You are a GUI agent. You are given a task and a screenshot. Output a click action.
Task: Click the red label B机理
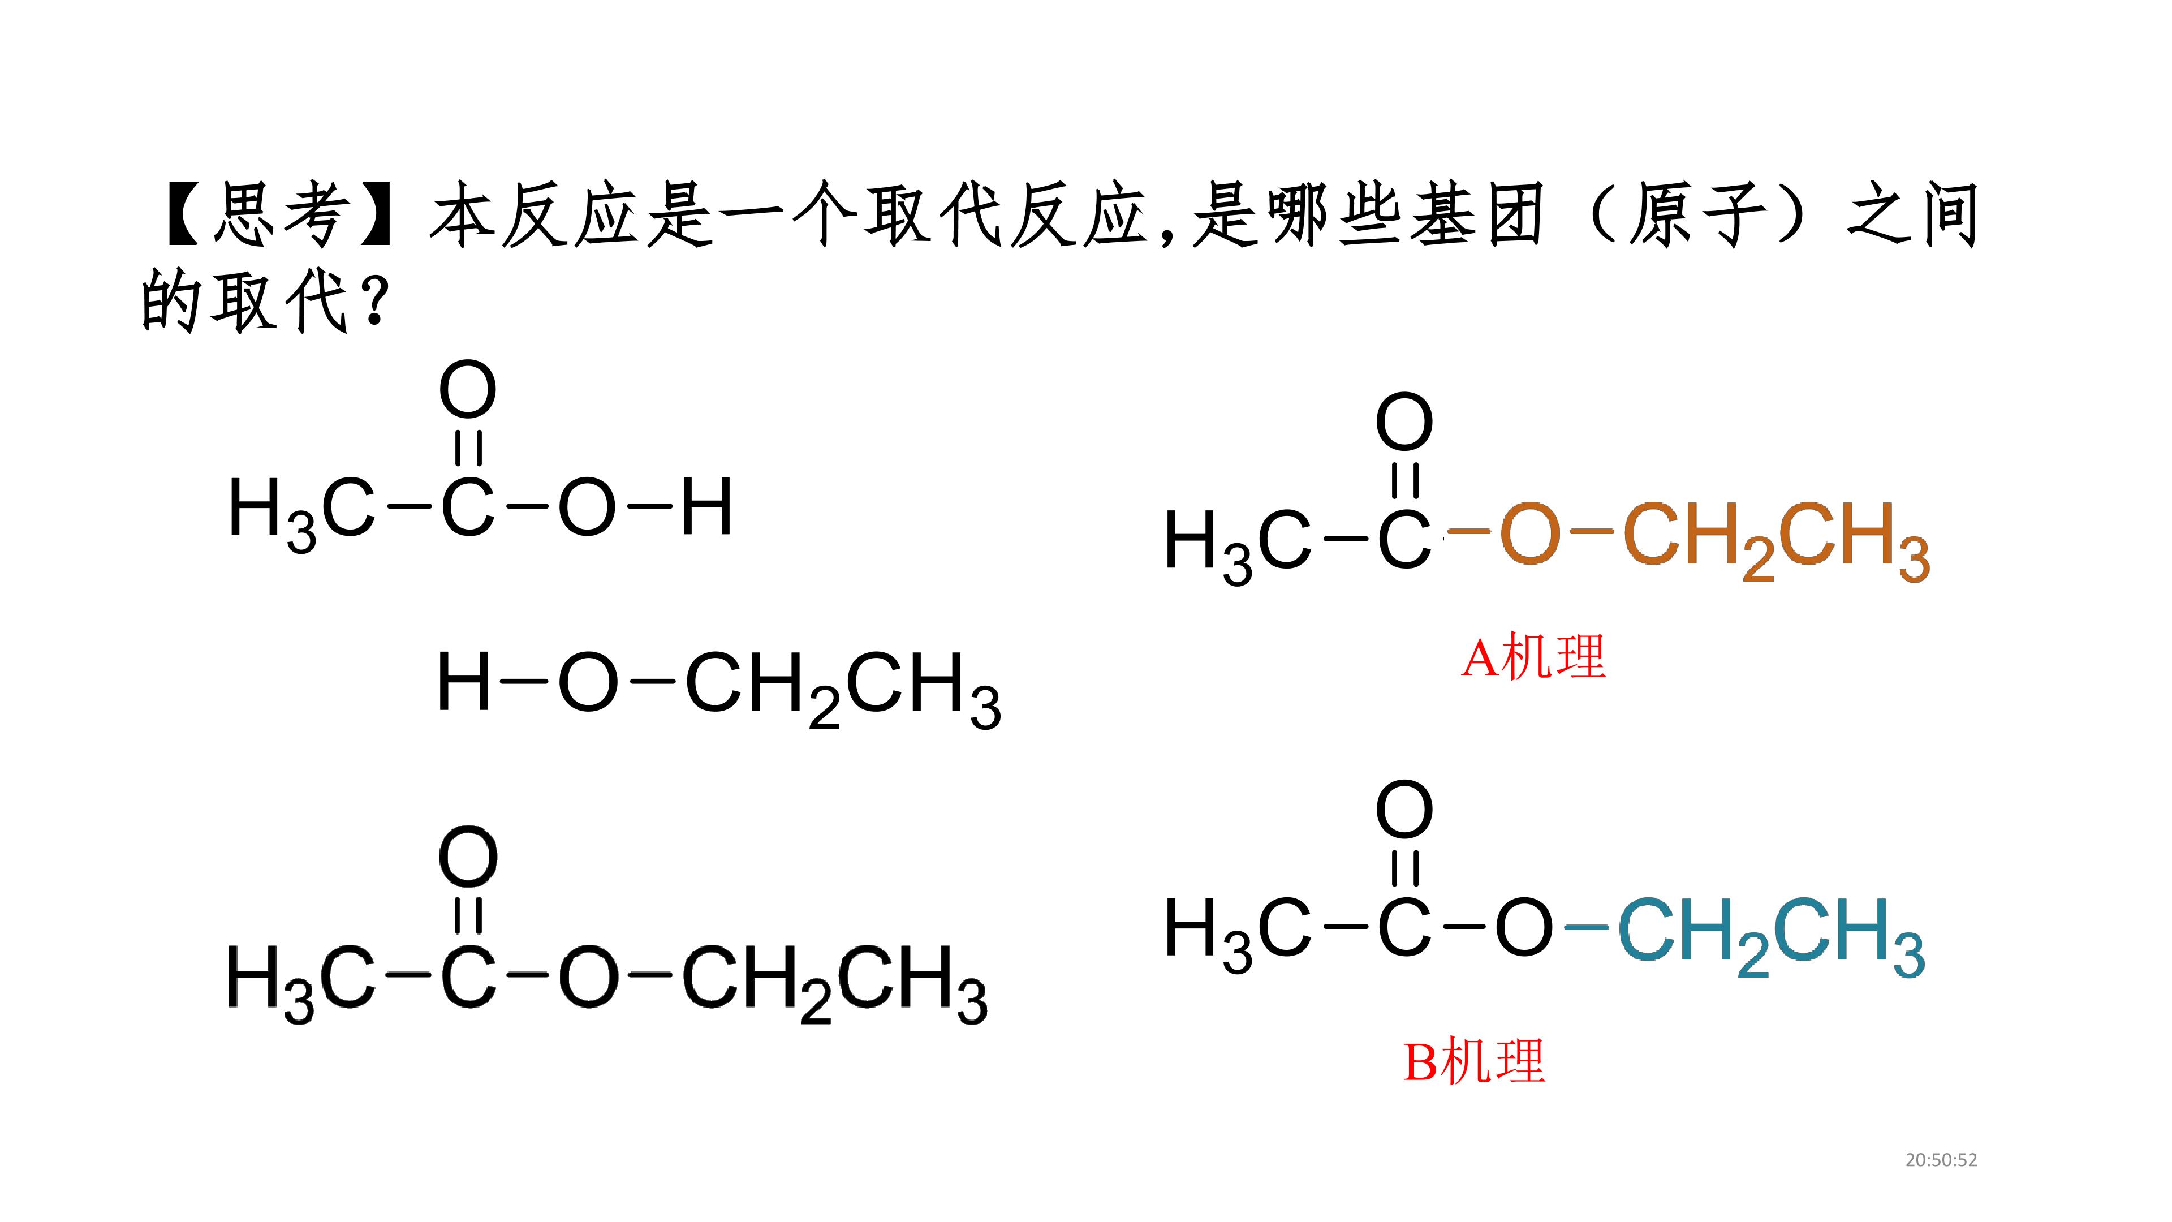click(1474, 1060)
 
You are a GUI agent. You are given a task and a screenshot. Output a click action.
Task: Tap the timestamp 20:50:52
click(1941, 1160)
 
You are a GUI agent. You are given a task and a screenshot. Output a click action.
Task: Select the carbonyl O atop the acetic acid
click(468, 390)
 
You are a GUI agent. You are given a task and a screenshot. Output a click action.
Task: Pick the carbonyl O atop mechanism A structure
click(1404, 421)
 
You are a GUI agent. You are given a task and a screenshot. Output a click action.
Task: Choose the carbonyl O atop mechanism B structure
click(1404, 809)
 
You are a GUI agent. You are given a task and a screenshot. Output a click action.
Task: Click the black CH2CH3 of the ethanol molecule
click(843, 687)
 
